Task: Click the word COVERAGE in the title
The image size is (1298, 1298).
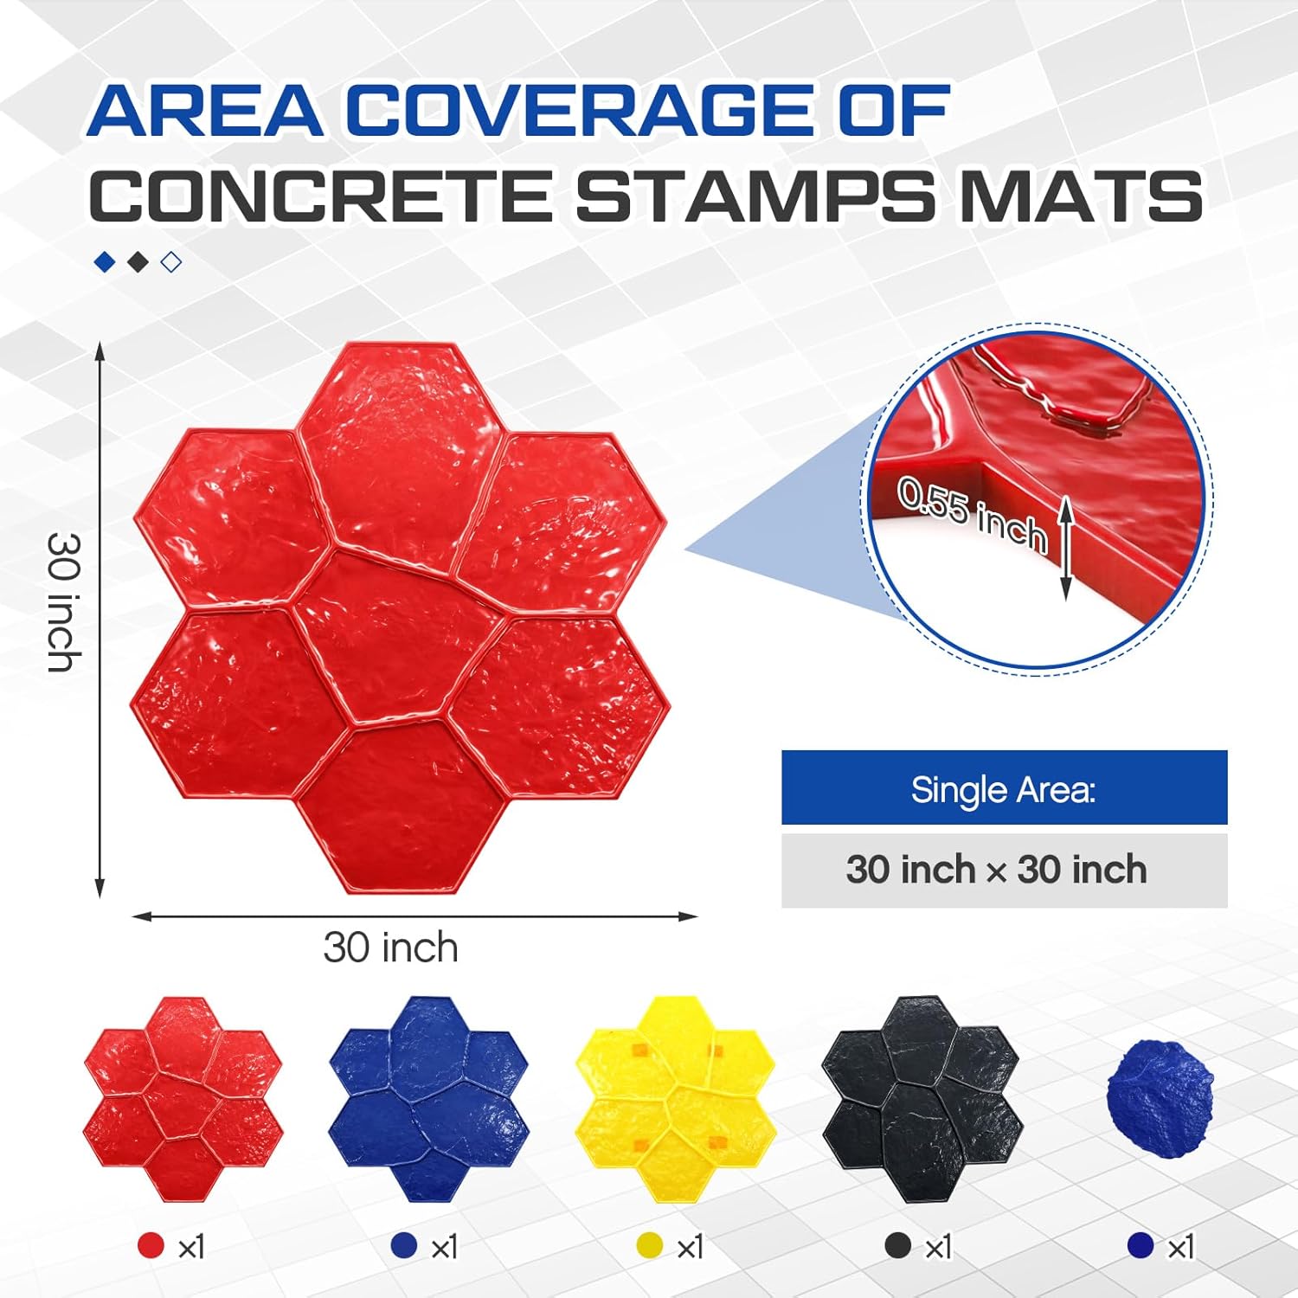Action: tap(579, 110)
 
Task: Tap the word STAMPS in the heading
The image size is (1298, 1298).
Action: tap(755, 196)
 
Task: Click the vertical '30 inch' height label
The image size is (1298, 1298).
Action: tap(64, 602)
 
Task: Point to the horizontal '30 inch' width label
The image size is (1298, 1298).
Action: tap(390, 948)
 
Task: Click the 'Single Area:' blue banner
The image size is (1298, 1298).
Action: tap(1004, 788)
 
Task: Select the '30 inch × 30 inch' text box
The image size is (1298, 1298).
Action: tap(1004, 870)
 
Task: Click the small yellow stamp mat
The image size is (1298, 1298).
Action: tap(675, 1099)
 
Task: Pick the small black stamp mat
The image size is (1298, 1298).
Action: tap(920, 1099)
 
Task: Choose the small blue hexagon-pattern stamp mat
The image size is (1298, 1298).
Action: tap(429, 1099)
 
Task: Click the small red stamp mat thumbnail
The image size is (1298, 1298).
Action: tap(183, 1099)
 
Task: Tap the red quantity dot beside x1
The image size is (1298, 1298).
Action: tap(151, 1246)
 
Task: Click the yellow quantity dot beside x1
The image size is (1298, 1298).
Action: tap(649, 1246)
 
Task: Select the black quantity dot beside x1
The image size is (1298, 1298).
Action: tap(898, 1246)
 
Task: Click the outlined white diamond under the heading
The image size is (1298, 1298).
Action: tap(171, 262)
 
